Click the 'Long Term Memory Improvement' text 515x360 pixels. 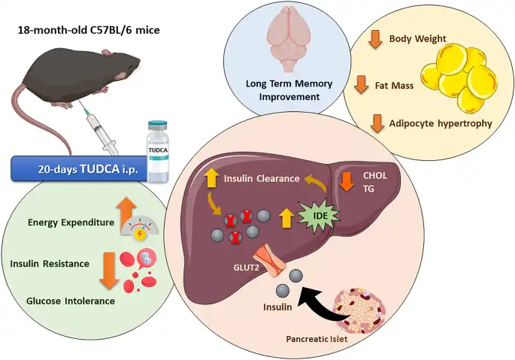(280, 90)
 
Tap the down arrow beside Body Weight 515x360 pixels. (373, 39)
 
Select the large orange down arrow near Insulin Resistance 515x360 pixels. (110, 271)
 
